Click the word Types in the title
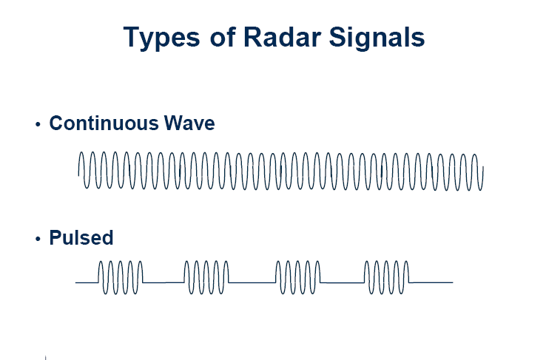(162, 38)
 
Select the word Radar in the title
(282, 36)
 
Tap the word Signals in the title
(377, 38)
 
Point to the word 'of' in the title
(223, 36)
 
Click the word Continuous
(104, 123)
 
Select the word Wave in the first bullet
(189, 123)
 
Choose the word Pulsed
(81, 237)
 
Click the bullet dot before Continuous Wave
(38, 124)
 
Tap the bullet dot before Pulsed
(38, 239)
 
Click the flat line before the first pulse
(87, 282)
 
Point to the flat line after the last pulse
(431, 282)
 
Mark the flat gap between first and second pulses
(164, 282)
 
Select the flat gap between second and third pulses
(252, 282)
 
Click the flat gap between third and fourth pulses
(343, 282)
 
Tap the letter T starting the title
(132, 36)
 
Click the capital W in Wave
(173, 123)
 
